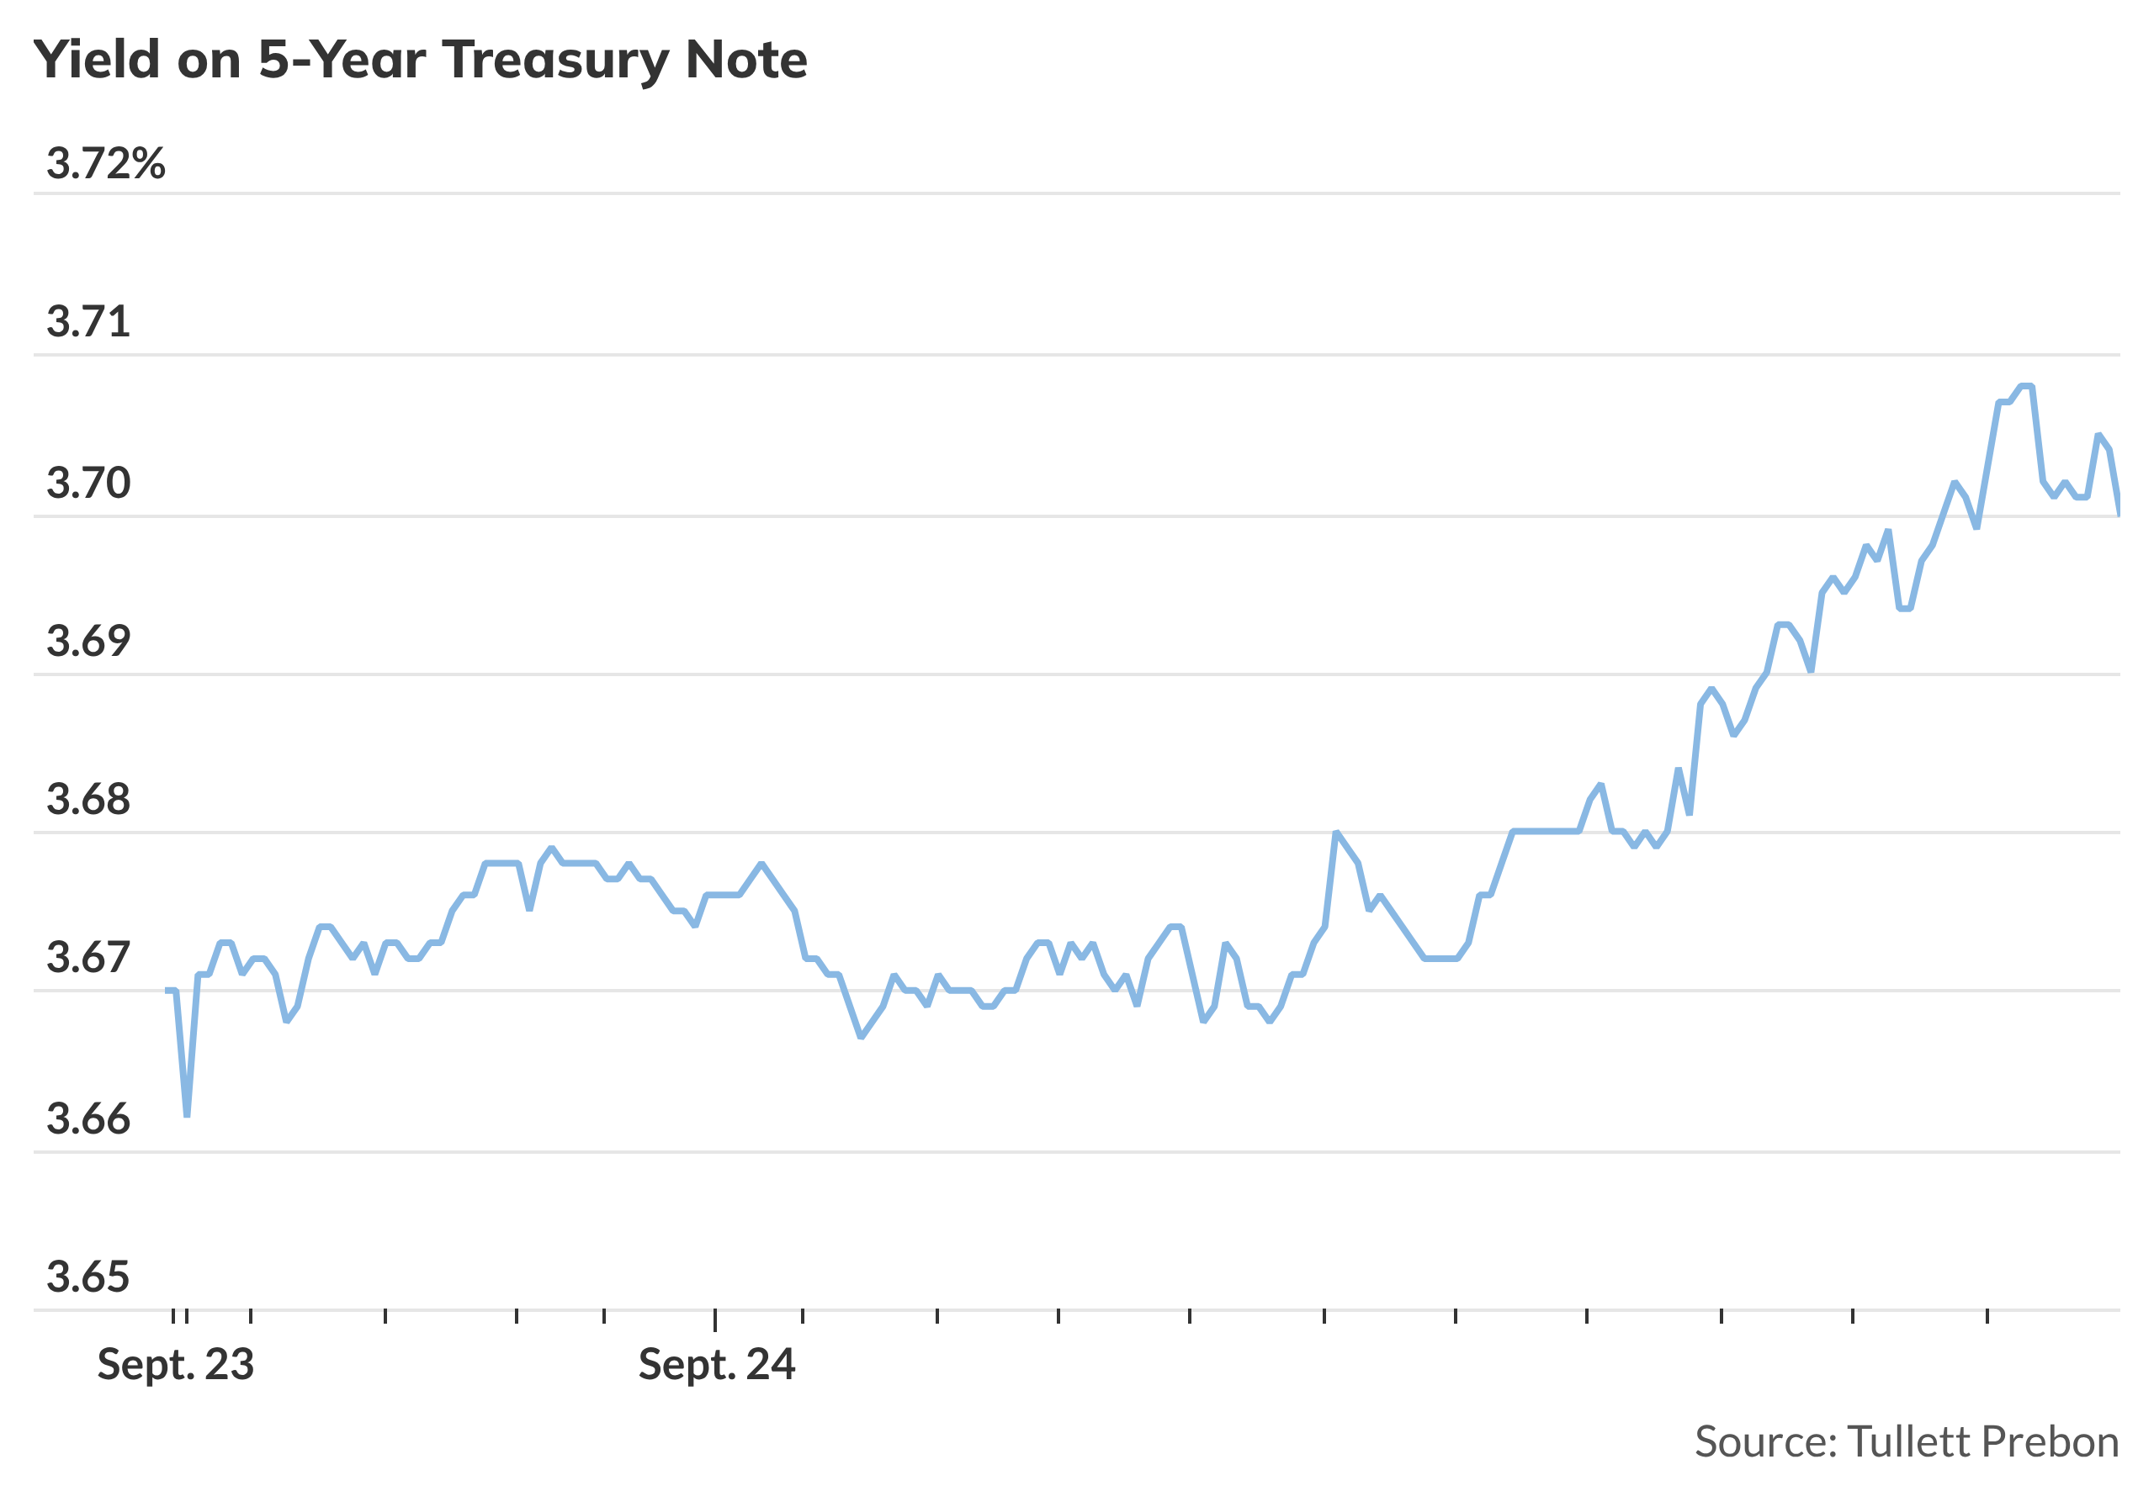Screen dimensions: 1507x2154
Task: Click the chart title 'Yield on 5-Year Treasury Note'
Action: (421, 60)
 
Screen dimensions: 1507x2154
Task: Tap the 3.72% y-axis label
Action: (106, 164)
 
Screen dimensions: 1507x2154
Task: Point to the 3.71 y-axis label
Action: (88, 323)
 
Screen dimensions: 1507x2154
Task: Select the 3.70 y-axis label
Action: (88, 483)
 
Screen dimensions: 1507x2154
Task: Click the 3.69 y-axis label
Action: (88, 642)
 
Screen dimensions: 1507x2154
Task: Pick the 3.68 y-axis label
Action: (88, 800)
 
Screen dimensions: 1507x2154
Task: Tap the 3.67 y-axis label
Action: (88, 959)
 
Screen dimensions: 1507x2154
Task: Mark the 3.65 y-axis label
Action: (88, 1277)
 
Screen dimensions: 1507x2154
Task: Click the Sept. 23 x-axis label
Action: (176, 1366)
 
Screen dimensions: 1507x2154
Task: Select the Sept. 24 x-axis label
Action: (717, 1366)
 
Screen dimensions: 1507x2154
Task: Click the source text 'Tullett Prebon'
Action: (1982, 1442)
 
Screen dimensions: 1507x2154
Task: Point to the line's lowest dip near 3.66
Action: (187, 1115)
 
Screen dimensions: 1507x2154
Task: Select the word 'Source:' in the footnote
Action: (1765, 1442)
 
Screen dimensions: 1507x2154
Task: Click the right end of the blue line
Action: (2119, 514)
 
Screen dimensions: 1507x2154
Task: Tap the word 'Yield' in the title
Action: (97, 60)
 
